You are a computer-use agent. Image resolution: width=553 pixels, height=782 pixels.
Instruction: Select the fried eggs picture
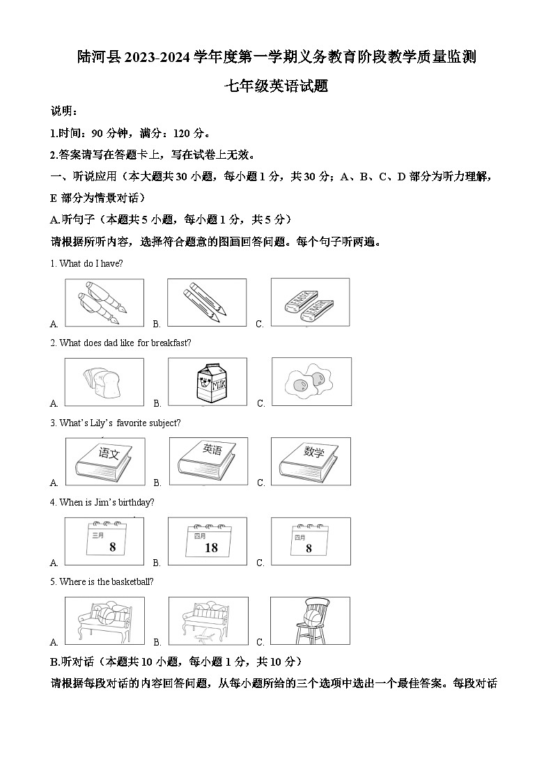click(310, 382)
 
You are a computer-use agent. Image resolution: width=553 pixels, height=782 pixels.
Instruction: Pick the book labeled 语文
click(104, 461)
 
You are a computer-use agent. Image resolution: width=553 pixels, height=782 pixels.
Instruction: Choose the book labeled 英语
click(208, 461)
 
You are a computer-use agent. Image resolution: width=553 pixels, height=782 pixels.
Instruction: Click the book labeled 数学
click(310, 461)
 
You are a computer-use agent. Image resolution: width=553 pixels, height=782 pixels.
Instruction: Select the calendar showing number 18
click(208, 541)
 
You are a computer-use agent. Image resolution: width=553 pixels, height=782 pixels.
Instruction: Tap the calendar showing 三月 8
click(104, 541)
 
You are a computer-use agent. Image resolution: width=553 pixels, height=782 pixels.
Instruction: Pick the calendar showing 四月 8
click(310, 541)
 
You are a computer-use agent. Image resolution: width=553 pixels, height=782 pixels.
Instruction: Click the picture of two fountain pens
click(104, 302)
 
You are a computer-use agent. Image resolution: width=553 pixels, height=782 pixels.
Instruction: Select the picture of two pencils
click(208, 302)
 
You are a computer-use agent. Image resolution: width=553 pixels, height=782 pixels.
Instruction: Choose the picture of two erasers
click(310, 302)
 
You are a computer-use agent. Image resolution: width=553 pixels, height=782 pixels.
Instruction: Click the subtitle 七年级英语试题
click(276, 86)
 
